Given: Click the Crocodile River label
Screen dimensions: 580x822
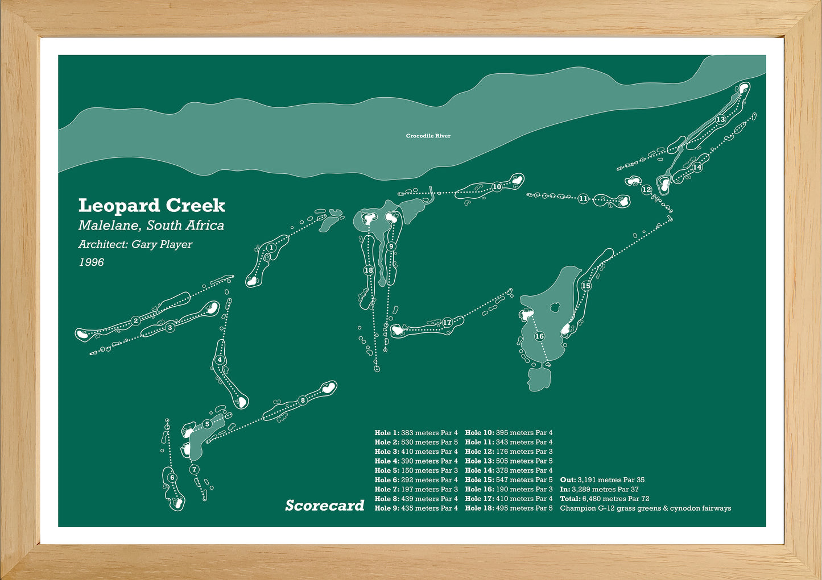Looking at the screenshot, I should click(x=428, y=136).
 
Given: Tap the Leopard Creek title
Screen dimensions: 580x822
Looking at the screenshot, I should click(x=151, y=205).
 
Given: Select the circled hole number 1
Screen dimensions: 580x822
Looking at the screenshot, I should click(x=272, y=248).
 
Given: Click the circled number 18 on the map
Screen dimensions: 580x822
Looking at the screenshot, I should click(x=369, y=270).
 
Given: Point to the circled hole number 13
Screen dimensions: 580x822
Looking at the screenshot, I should click(x=721, y=119).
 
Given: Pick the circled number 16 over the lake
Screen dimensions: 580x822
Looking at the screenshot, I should click(x=539, y=336).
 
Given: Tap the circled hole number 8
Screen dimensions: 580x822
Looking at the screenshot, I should click(x=303, y=400).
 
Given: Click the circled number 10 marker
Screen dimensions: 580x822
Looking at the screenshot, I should click(x=497, y=186).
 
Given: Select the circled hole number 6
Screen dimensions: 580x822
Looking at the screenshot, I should click(x=172, y=478).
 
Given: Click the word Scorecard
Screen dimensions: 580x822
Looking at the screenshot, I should click(x=324, y=506).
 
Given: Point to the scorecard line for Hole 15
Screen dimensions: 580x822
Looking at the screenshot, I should click(x=509, y=480).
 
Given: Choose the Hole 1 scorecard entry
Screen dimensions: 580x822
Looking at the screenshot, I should click(x=416, y=433).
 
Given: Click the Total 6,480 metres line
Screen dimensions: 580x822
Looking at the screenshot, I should click(x=605, y=499).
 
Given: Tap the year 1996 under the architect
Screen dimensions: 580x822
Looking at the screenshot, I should click(x=91, y=262).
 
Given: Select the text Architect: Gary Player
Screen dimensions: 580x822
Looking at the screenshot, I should click(x=135, y=245).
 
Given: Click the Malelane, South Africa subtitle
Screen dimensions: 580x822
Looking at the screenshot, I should click(x=151, y=226).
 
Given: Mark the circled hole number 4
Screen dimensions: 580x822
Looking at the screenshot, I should click(x=220, y=360).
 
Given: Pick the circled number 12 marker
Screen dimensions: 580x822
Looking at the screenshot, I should click(x=646, y=190).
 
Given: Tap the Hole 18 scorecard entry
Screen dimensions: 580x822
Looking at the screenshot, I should click(x=509, y=508).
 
